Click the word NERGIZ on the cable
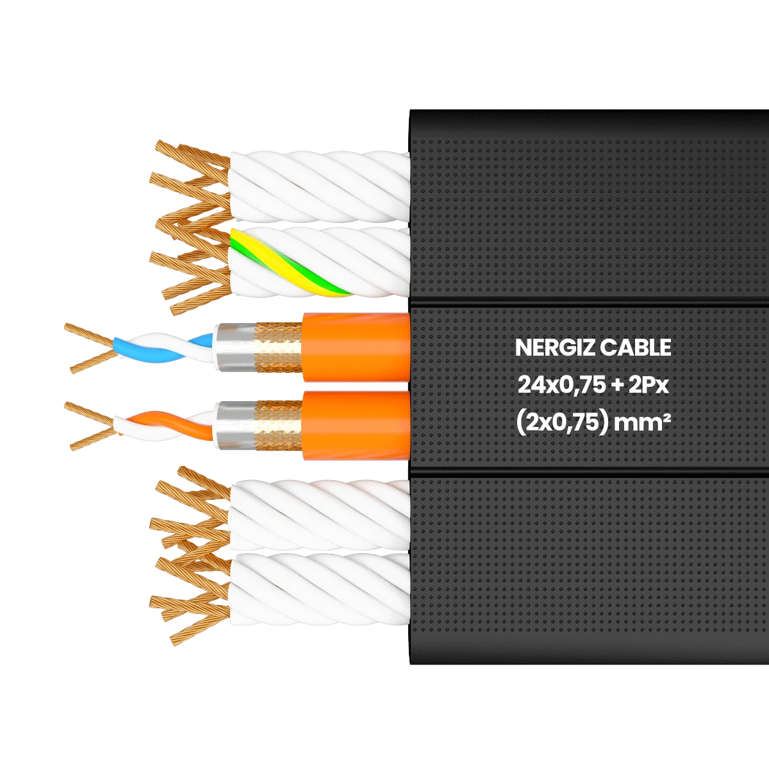(x=554, y=348)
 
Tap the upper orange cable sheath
(x=356, y=347)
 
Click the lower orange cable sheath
(x=356, y=424)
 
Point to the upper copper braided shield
(x=279, y=347)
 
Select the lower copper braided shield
(x=279, y=424)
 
